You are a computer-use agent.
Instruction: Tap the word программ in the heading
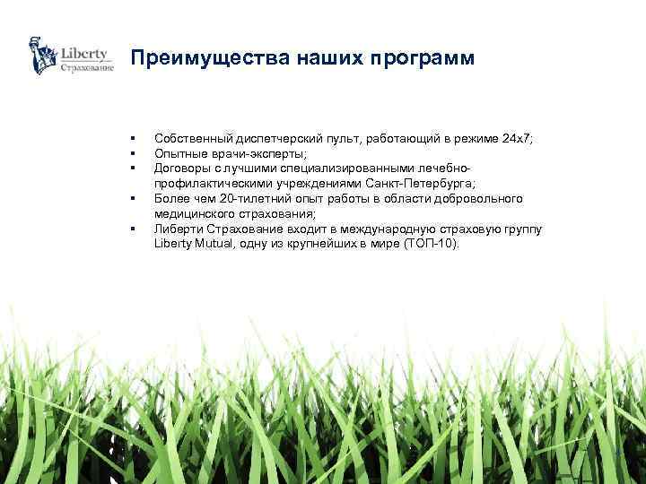pos(422,58)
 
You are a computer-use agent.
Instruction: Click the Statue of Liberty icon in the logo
pos(40,56)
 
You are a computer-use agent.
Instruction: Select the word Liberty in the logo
pos(85,53)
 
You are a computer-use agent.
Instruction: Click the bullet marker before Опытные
pos(131,153)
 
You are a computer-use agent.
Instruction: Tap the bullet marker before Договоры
pos(131,168)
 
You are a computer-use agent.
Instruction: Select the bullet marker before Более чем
pos(131,199)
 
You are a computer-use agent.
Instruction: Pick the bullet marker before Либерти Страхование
pos(131,229)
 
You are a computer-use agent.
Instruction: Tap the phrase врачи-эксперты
pos(241,152)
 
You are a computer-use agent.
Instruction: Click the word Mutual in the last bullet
pos(211,244)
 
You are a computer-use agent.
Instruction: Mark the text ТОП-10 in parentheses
pos(431,244)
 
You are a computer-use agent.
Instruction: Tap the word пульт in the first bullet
pos(334,138)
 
